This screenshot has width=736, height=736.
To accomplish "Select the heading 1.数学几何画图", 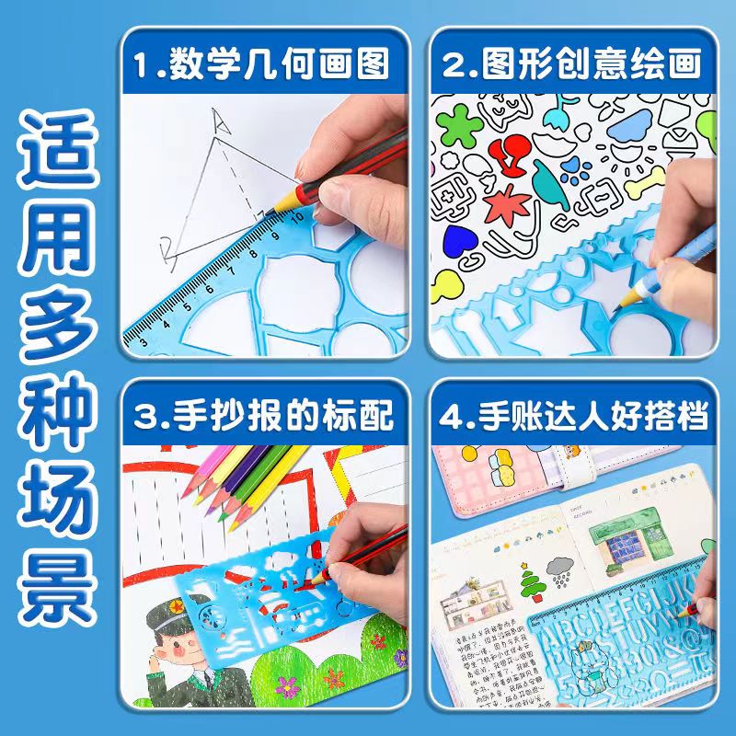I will (x=261, y=65).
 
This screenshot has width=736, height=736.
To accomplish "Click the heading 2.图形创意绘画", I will (x=571, y=65).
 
